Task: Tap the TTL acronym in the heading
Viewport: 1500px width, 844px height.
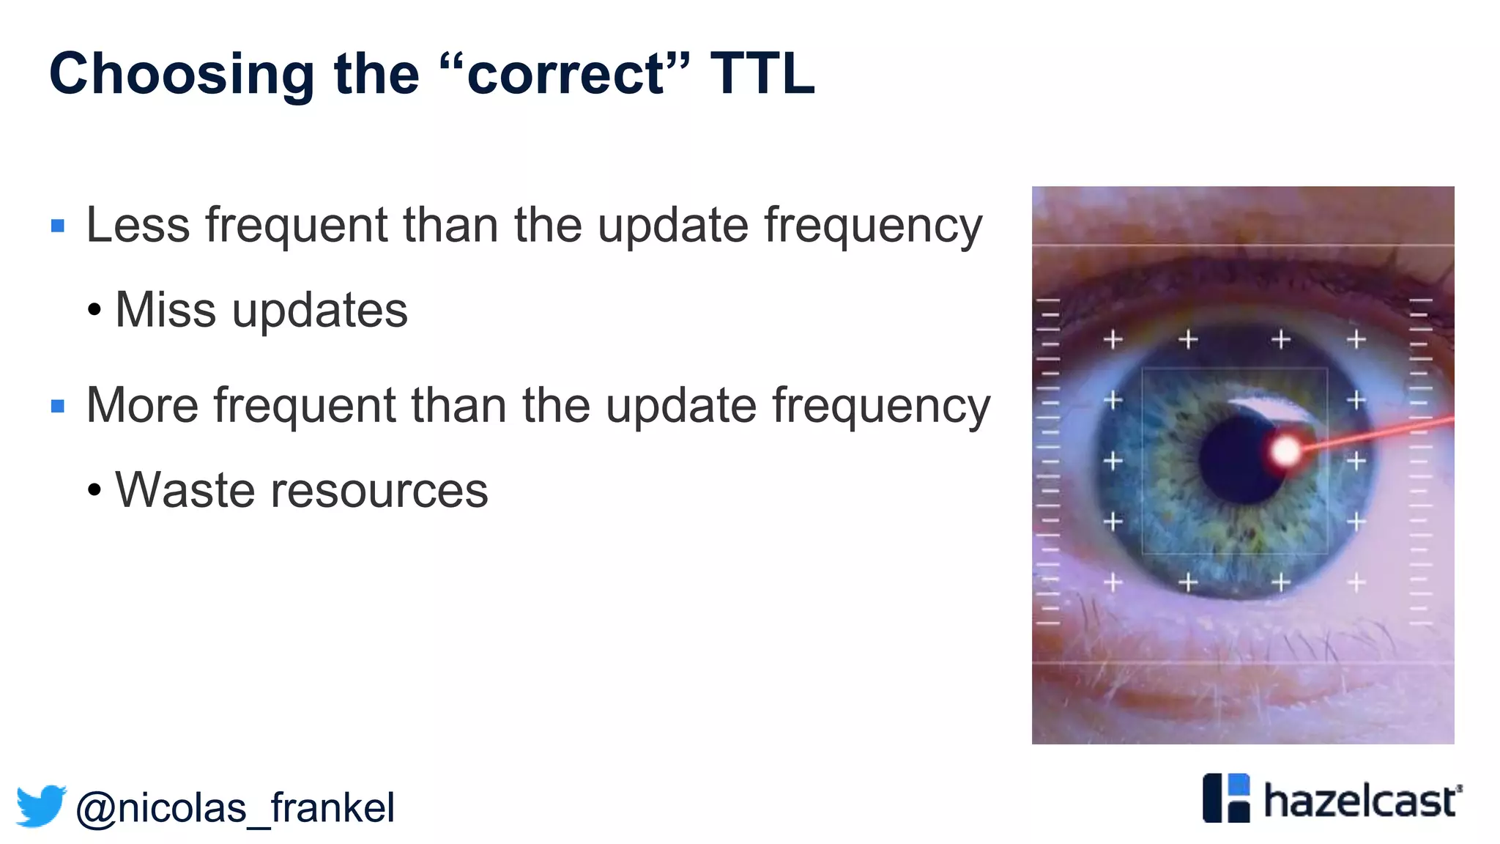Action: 762,73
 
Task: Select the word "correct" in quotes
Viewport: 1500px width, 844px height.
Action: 565,75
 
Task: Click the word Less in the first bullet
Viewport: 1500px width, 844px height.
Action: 138,225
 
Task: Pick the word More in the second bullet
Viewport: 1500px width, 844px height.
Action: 142,405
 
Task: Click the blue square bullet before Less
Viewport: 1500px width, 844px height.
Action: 58,226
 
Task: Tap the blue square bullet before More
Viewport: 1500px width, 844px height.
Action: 58,406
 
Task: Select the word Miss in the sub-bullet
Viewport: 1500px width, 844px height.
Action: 166,310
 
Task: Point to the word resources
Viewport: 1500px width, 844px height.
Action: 379,490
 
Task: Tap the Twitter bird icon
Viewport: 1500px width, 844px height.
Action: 41,806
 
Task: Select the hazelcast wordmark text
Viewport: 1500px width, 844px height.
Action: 1361,800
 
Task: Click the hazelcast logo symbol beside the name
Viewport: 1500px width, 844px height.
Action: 1226,798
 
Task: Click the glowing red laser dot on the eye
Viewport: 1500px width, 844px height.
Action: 1285,451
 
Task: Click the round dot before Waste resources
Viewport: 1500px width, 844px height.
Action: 94,490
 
